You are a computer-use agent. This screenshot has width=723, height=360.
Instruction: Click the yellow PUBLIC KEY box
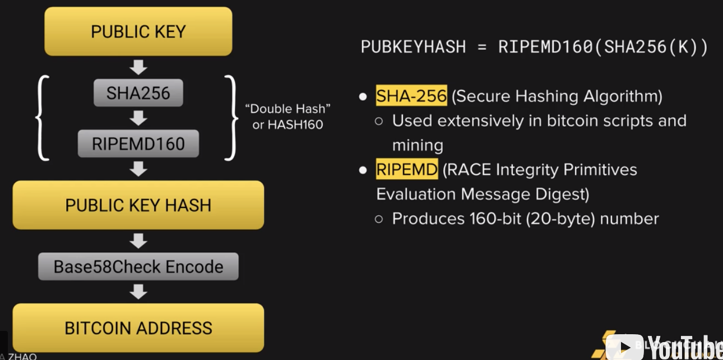point(138,31)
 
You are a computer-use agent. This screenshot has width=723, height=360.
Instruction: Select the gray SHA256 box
point(138,93)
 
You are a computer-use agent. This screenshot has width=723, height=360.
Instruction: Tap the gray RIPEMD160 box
point(138,144)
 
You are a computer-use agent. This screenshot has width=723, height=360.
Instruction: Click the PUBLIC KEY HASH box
point(138,205)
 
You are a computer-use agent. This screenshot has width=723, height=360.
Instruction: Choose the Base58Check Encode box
point(138,267)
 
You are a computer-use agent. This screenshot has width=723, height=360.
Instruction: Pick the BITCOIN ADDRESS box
point(138,328)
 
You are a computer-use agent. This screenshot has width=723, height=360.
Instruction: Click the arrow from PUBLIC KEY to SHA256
point(138,67)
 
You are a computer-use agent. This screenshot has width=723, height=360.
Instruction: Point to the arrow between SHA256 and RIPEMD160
point(138,118)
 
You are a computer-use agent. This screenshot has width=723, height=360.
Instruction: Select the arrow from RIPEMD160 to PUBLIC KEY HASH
point(138,169)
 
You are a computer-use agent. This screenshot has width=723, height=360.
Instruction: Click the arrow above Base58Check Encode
point(138,241)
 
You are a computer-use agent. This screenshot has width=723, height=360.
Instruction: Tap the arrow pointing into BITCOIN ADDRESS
point(138,292)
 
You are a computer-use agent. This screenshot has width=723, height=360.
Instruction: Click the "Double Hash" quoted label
point(288,109)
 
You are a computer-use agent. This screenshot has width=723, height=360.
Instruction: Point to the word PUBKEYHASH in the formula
point(413,47)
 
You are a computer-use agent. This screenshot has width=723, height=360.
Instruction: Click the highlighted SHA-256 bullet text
point(411,96)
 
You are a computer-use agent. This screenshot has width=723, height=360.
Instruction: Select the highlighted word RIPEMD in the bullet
point(406,169)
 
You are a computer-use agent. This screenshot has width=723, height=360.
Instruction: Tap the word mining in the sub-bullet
point(418,145)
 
